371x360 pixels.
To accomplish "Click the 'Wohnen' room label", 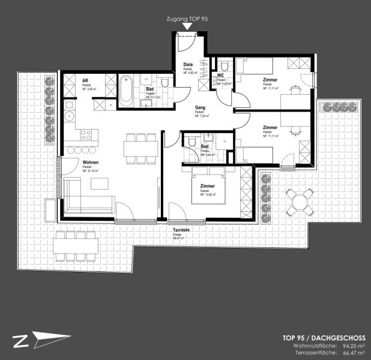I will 90,163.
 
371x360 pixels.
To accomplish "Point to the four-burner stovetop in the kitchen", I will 85,134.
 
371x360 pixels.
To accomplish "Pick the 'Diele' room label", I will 189,66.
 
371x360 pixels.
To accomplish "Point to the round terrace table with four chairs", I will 299,202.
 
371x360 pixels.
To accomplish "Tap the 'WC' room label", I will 221,76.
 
